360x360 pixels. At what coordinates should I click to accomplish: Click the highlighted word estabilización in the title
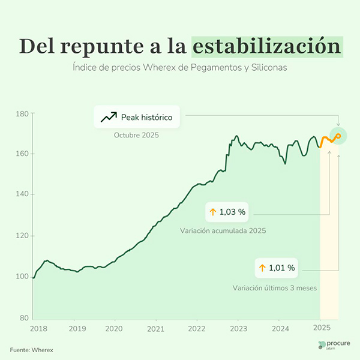[x=268, y=46]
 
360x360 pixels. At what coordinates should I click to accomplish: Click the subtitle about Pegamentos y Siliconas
[x=180, y=68]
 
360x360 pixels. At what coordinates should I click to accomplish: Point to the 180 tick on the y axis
[x=23, y=113]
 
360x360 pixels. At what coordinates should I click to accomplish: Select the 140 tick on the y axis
[x=23, y=194]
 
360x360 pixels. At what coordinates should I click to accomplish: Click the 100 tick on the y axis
[x=23, y=277]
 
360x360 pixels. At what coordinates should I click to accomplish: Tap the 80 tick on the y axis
[x=24, y=317]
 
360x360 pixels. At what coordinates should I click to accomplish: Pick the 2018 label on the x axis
[x=38, y=329]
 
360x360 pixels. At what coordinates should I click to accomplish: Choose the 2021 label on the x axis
[x=155, y=329]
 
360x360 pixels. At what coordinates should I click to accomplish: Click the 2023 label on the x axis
[x=238, y=329]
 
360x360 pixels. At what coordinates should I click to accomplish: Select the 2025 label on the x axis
[x=322, y=329]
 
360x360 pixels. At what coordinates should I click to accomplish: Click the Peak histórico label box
[x=137, y=117]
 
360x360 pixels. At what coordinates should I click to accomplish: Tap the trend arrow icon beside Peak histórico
[x=109, y=117]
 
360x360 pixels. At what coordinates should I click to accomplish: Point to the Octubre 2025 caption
[x=137, y=136]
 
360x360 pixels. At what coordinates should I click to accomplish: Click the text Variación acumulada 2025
[x=223, y=230]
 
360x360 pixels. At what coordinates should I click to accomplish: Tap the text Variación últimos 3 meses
[x=275, y=288]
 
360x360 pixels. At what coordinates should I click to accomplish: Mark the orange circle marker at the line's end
[x=338, y=136]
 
